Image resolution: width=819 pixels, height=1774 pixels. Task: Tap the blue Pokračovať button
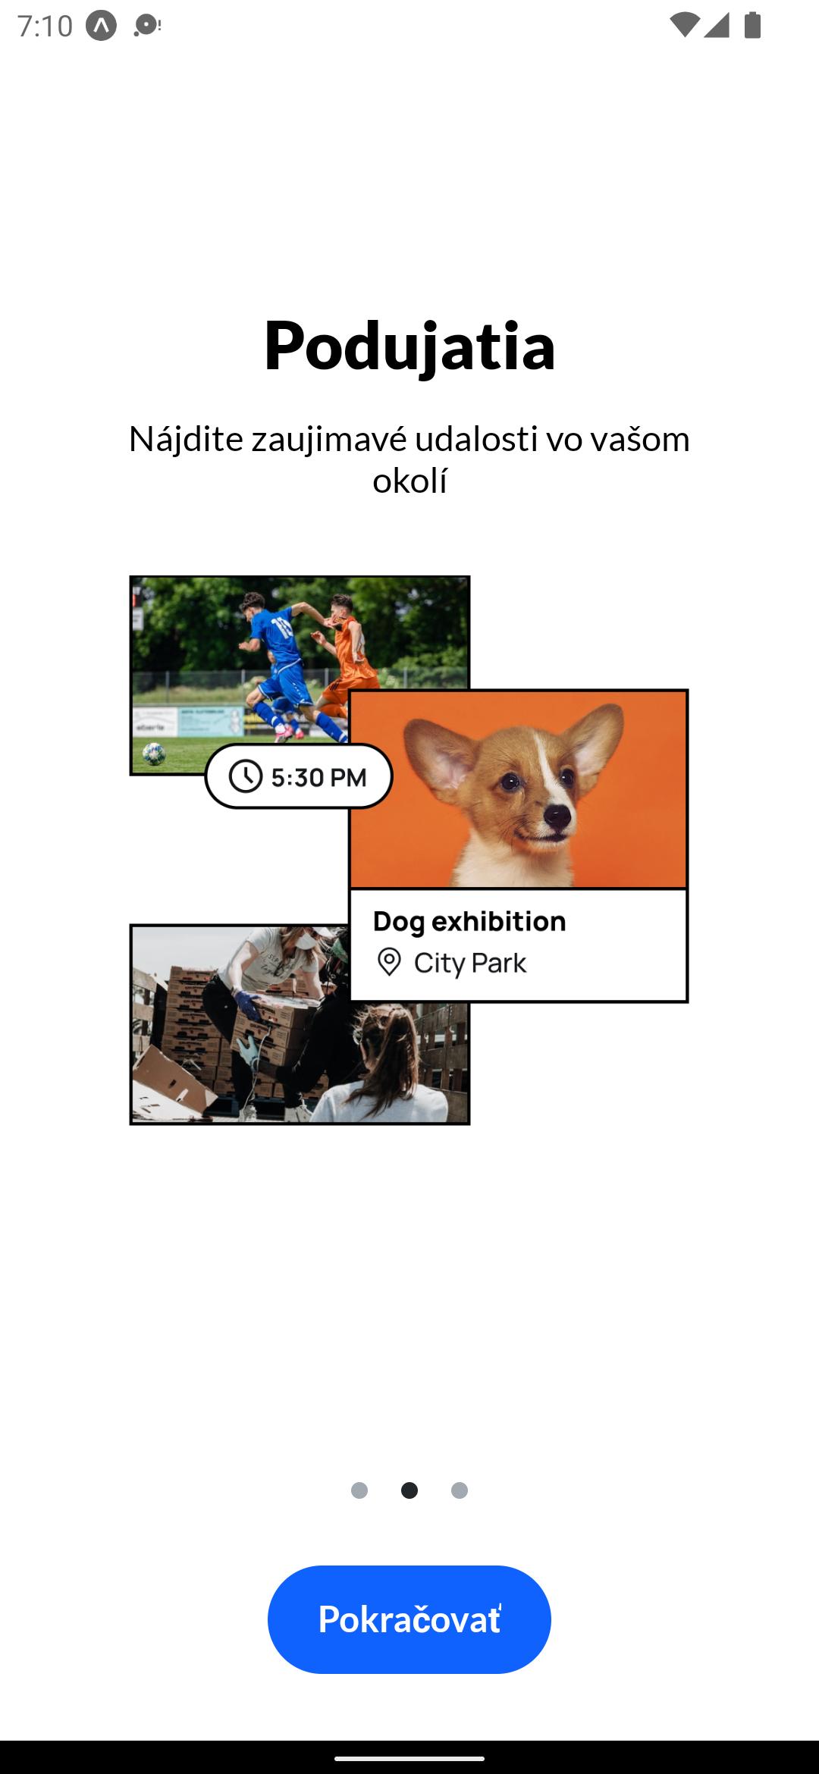(x=409, y=1619)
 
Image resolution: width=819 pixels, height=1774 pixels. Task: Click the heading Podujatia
(x=409, y=346)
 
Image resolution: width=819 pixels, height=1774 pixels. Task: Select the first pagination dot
(x=359, y=1490)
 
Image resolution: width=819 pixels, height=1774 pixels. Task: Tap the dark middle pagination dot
(x=409, y=1490)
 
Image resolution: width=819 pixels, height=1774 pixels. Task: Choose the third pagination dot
(x=460, y=1490)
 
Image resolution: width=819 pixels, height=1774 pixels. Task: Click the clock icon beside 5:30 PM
(x=246, y=776)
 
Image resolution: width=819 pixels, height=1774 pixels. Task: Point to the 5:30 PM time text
(x=319, y=777)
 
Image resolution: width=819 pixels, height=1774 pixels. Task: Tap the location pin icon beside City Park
(x=389, y=962)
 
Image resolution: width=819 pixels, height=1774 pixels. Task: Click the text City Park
(x=470, y=963)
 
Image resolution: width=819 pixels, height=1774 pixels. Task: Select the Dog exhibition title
(x=469, y=921)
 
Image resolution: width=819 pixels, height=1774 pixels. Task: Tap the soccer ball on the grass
(x=154, y=754)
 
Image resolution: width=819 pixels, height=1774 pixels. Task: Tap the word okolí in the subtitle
(x=409, y=480)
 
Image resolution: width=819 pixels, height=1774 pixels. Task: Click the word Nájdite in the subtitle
(x=187, y=439)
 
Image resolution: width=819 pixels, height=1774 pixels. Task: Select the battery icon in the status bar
(x=752, y=25)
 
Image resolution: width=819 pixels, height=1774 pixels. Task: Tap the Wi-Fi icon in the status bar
(x=684, y=25)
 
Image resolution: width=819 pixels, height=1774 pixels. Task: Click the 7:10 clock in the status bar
(x=45, y=26)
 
